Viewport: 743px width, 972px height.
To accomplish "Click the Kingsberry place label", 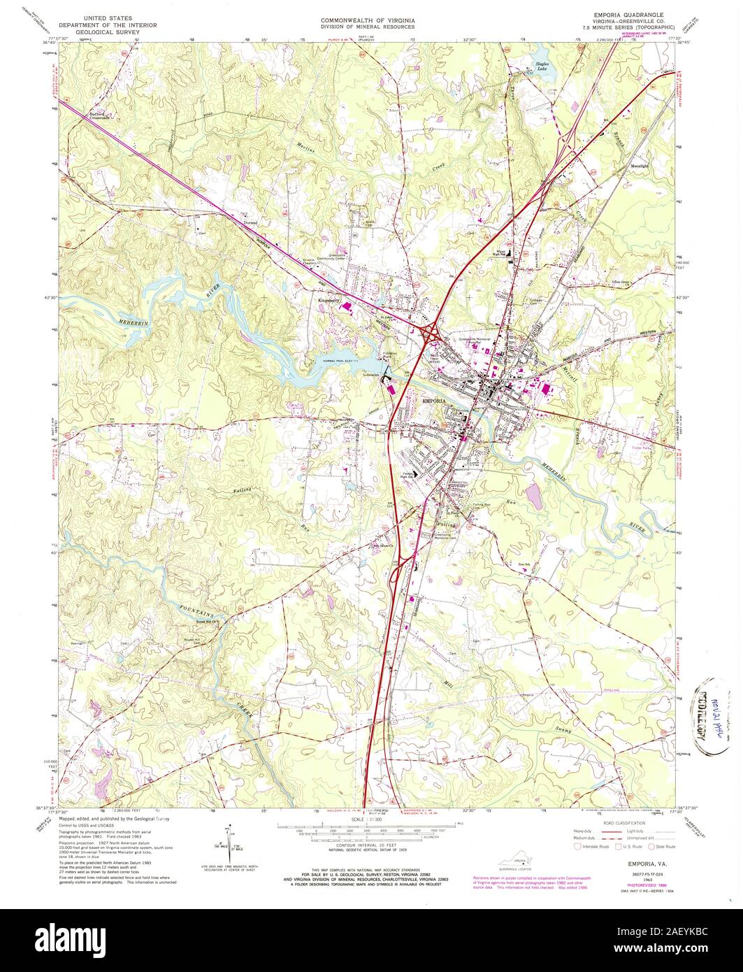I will (x=328, y=301).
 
